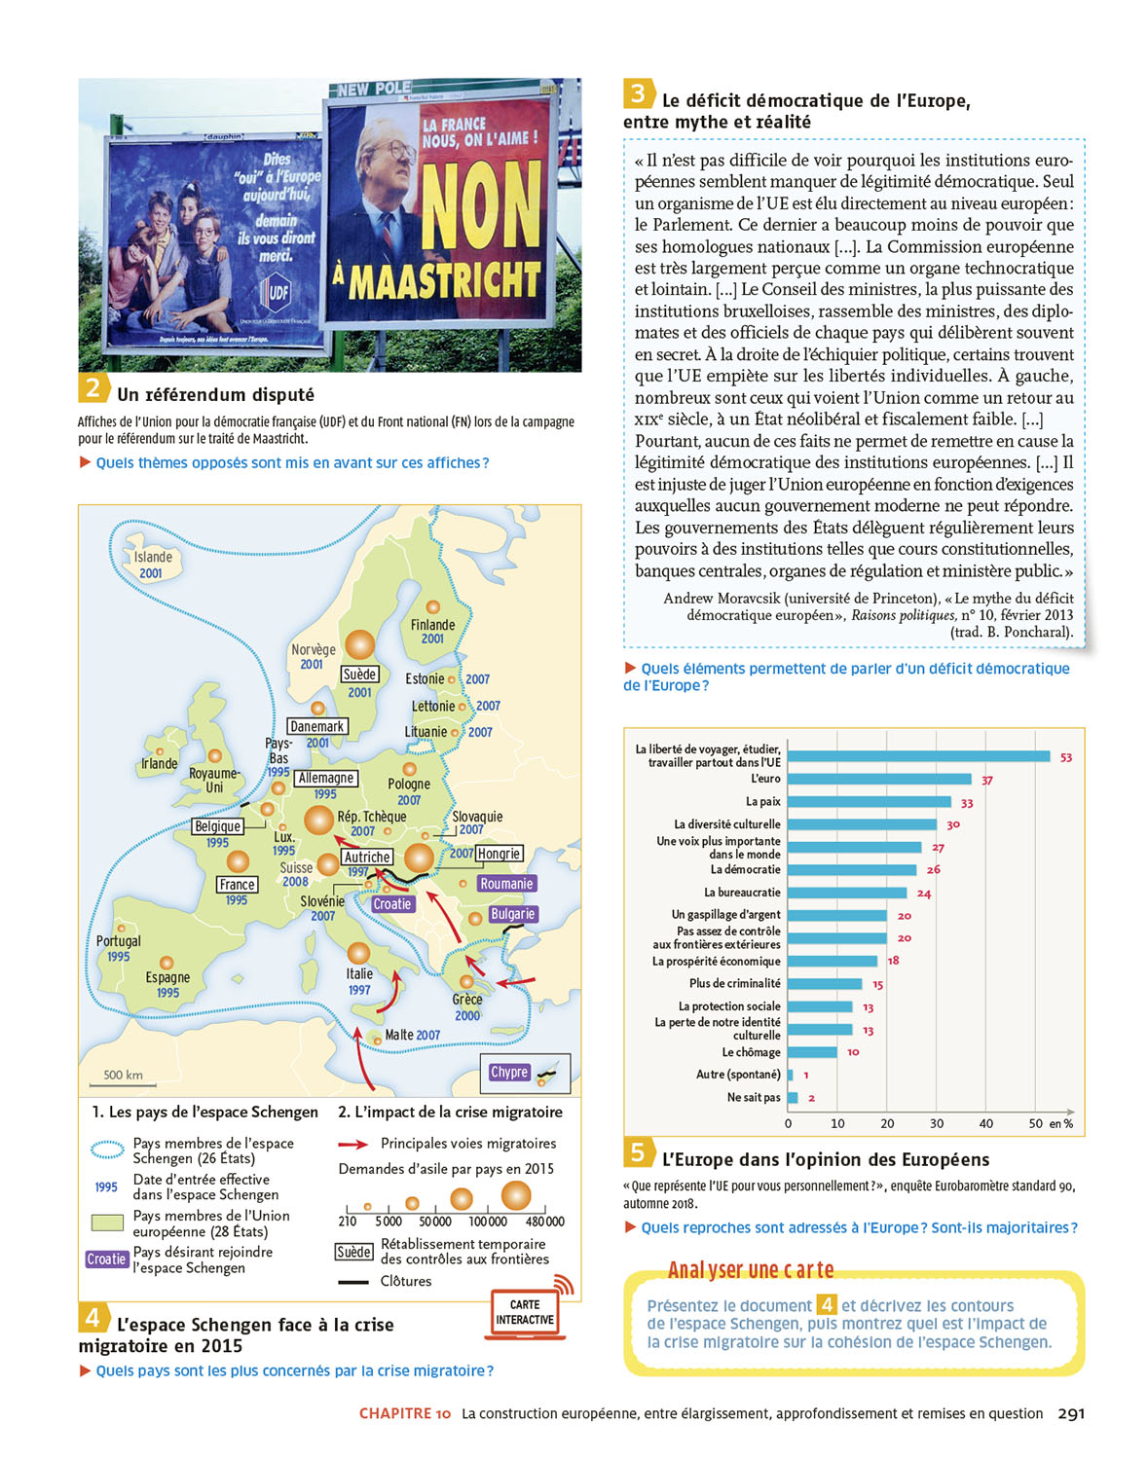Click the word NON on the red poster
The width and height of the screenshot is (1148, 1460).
click(x=481, y=205)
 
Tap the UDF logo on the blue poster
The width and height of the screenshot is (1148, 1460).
click(x=278, y=291)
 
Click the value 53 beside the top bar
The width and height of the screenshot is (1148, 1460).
click(x=1066, y=757)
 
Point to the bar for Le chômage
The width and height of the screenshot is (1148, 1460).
click(x=812, y=1052)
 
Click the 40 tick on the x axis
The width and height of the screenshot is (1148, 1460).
click(x=985, y=1123)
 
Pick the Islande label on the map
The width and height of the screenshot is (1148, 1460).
click(x=153, y=557)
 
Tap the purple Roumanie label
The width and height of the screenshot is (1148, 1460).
click(x=506, y=884)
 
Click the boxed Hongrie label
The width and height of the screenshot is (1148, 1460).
click(x=500, y=854)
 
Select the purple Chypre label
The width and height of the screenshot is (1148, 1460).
click(x=509, y=1072)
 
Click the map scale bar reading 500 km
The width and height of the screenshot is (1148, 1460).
click(x=123, y=1077)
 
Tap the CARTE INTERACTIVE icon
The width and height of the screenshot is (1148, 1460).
click(x=525, y=1312)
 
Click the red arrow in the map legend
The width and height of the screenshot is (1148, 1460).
click(x=352, y=1144)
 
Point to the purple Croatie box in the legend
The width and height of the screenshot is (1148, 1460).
click(x=106, y=1259)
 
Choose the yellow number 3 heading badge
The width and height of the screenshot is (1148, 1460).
click(x=638, y=93)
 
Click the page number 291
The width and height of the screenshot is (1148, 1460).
click(x=1071, y=1413)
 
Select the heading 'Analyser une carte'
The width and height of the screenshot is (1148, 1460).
click(x=751, y=1270)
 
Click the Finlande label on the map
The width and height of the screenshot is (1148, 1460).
click(x=432, y=625)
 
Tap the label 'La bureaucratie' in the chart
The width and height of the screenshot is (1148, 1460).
click(x=742, y=893)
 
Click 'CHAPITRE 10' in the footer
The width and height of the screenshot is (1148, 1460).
click(x=405, y=1413)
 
